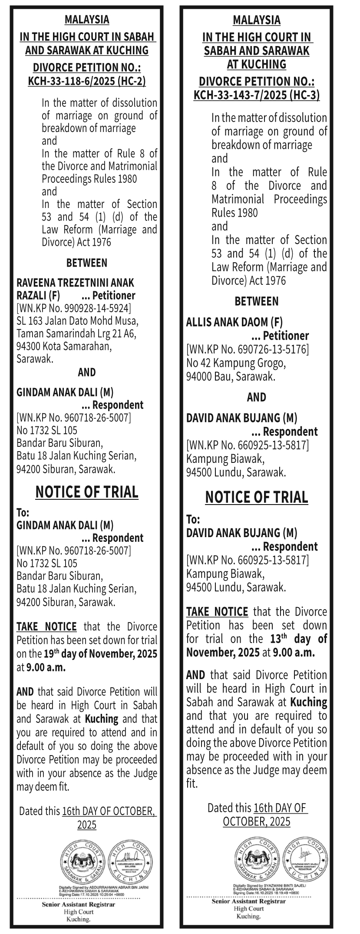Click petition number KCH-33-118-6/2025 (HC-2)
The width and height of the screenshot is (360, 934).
tap(87, 81)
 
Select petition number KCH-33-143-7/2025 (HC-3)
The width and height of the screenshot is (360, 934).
tap(257, 95)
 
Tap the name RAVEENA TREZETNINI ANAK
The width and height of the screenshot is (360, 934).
tap(75, 283)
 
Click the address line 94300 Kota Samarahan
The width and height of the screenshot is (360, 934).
tap(64, 347)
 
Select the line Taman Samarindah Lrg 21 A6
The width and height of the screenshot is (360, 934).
tap(76, 334)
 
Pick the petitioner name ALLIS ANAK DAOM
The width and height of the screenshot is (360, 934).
tap(234, 322)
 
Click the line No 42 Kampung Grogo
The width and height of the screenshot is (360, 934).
tap(236, 363)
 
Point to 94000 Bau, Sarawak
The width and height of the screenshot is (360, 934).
tap(231, 376)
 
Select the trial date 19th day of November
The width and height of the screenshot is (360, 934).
tap(100, 653)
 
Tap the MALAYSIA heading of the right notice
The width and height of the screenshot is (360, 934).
tap(257, 20)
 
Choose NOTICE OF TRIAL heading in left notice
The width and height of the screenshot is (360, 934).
tap(87, 492)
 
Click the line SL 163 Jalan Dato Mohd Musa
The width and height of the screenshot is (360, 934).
tap(77, 321)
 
